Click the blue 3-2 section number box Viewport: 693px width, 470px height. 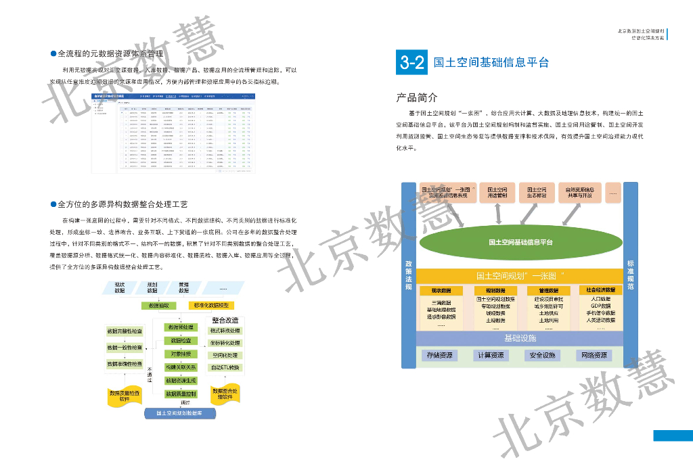(x=412, y=63)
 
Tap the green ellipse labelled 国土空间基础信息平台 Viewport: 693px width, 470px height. (x=520, y=241)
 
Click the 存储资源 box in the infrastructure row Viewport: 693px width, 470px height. (x=440, y=355)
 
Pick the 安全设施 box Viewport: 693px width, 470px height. (x=542, y=355)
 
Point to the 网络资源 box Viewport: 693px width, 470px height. (x=594, y=355)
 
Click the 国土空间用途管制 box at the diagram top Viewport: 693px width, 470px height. (x=499, y=193)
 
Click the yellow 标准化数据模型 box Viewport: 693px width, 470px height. (x=211, y=306)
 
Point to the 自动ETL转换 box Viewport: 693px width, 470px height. (x=225, y=367)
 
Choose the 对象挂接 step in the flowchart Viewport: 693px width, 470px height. (x=181, y=354)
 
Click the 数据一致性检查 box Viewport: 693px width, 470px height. (x=125, y=348)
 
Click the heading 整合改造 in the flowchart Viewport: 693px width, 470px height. (x=225, y=320)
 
